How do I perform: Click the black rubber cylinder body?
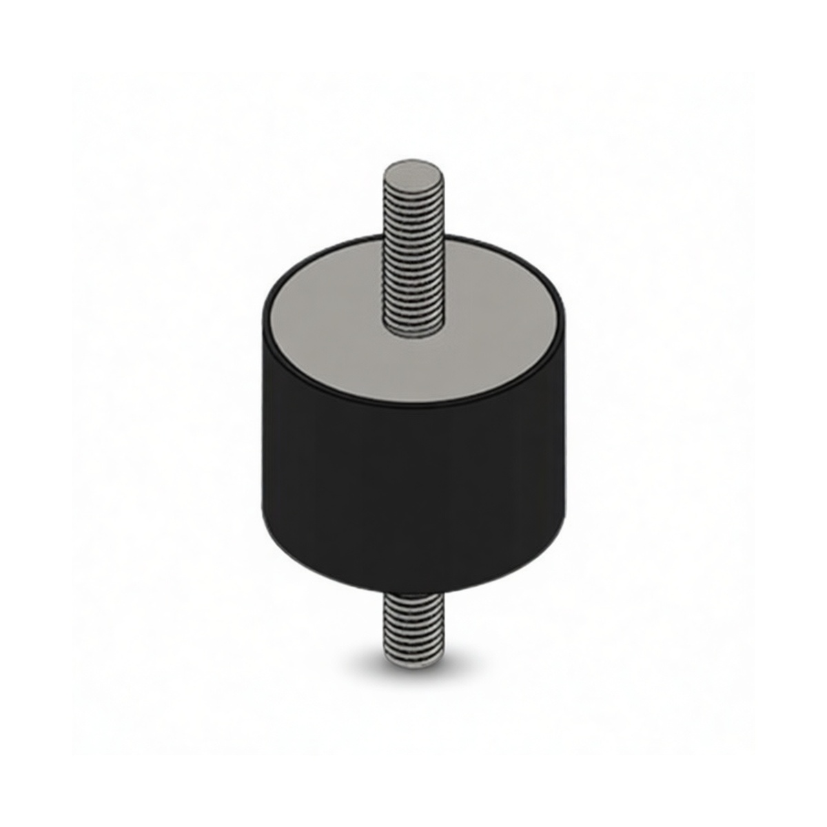(413, 482)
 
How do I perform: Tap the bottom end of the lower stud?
(411, 663)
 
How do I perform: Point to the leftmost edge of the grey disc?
(271, 318)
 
